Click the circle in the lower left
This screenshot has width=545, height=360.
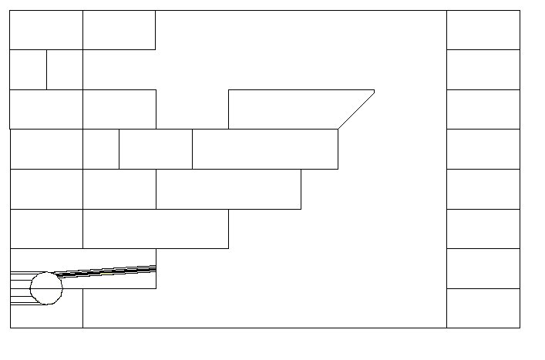pos(46,288)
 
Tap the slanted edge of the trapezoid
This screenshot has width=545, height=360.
pos(356,109)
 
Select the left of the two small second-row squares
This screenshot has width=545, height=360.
pos(28,69)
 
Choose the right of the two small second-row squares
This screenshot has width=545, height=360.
pos(65,69)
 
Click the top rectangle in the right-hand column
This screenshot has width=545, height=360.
pos(483,30)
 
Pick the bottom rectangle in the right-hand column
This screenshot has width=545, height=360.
pos(483,308)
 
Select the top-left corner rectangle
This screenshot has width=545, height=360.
pos(46,30)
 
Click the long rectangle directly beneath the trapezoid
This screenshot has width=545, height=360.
pos(265,149)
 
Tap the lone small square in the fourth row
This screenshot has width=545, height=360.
pos(101,149)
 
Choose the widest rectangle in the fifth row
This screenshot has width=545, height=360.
pos(228,189)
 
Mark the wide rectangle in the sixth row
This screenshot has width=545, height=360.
pos(156,229)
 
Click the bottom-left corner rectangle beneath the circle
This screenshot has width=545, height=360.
pos(46,317)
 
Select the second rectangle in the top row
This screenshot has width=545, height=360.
pos(119,30)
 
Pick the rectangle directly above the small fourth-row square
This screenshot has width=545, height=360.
pos(119,109)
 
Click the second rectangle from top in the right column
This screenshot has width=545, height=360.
pos(483,69)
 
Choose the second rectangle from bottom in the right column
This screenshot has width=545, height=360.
pos(483,268)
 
